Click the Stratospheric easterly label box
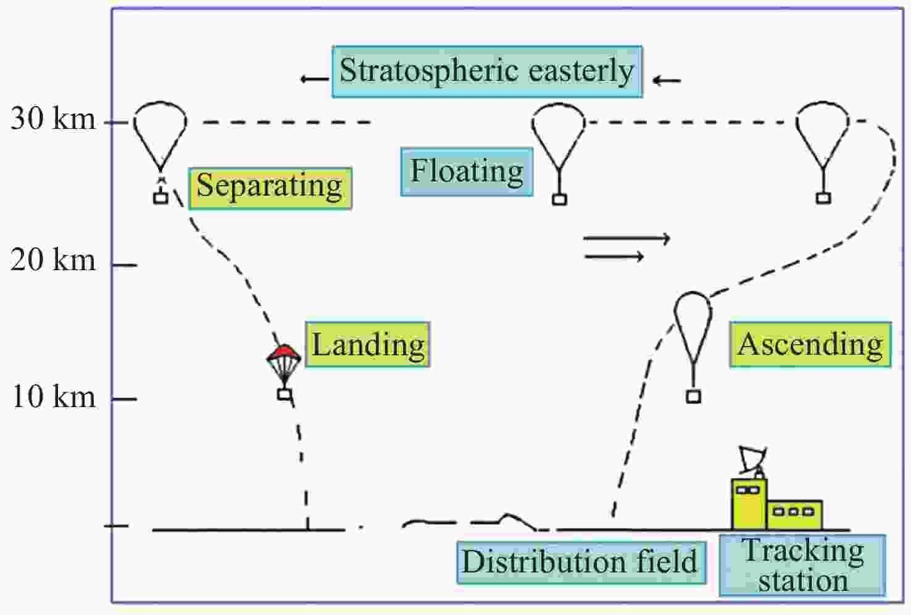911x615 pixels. tap(486, 72)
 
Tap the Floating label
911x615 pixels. tap(467, 171)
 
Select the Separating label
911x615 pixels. tap(270, 188)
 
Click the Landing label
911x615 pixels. tap(368, 345)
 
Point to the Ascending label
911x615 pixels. tap(810, 345)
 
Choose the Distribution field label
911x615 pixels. tap(580, 562)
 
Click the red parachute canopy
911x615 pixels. tap(283, 353)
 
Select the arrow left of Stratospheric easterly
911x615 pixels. tap(314, 79)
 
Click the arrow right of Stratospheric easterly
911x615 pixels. tap(667, 80)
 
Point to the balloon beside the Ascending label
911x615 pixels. tap(693, 321)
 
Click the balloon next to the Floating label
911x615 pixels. tap(559, 133)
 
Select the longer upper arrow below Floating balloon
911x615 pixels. tap(626, 238)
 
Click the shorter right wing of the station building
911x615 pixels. tap(795, 514)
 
